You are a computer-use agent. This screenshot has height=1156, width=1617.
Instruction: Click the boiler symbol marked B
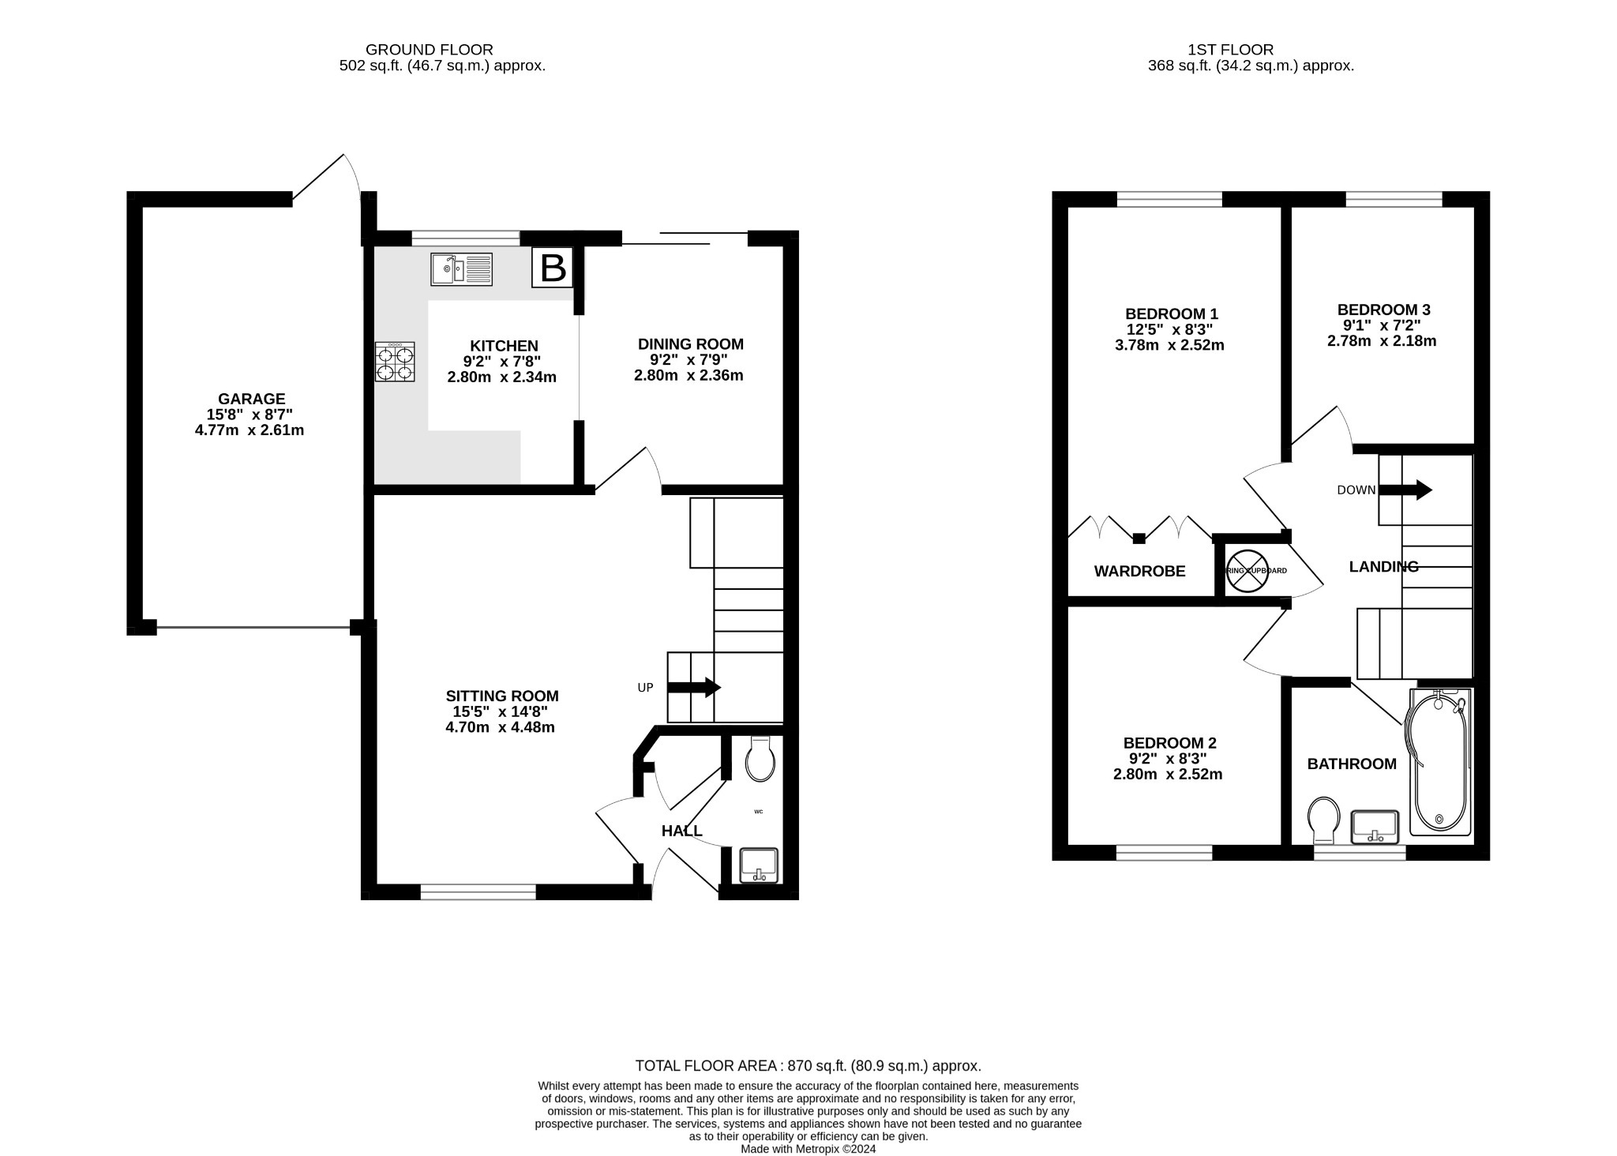553,268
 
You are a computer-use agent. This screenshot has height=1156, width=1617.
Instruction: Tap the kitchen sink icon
461,269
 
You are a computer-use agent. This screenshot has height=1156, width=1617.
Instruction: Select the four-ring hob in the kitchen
395,362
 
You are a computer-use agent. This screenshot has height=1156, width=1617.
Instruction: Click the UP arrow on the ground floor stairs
694,687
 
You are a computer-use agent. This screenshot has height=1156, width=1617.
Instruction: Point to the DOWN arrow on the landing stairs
1405,490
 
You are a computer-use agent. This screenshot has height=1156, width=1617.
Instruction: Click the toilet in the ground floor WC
760,760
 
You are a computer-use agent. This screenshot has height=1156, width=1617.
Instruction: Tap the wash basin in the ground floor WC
759,865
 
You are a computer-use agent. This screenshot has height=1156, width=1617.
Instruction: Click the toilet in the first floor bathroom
1323,820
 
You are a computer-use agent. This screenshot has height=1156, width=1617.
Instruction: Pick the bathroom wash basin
1375,826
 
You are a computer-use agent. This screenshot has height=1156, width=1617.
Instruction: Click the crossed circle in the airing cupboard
1247,571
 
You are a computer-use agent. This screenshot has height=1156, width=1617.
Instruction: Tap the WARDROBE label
1139,572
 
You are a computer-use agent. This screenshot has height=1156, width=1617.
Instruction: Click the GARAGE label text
252,400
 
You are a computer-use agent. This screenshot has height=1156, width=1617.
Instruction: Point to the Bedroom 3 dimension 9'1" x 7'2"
1382,325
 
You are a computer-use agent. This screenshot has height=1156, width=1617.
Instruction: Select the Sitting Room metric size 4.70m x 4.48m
500,727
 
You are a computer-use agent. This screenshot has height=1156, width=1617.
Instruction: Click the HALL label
681,831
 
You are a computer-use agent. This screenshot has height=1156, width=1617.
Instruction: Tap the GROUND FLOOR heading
430,50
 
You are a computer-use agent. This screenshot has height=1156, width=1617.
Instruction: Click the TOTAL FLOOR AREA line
808,1066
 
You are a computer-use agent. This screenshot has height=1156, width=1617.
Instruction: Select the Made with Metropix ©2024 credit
808,1149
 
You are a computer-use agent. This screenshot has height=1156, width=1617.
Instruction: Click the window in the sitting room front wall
478,892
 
